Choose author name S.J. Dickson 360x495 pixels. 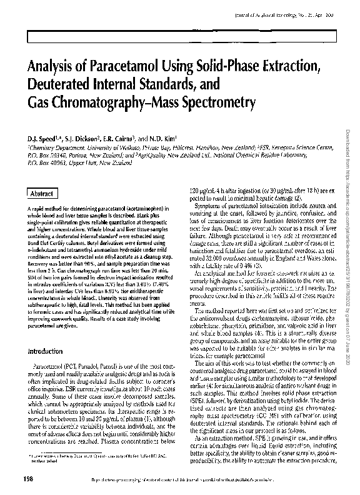83,138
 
